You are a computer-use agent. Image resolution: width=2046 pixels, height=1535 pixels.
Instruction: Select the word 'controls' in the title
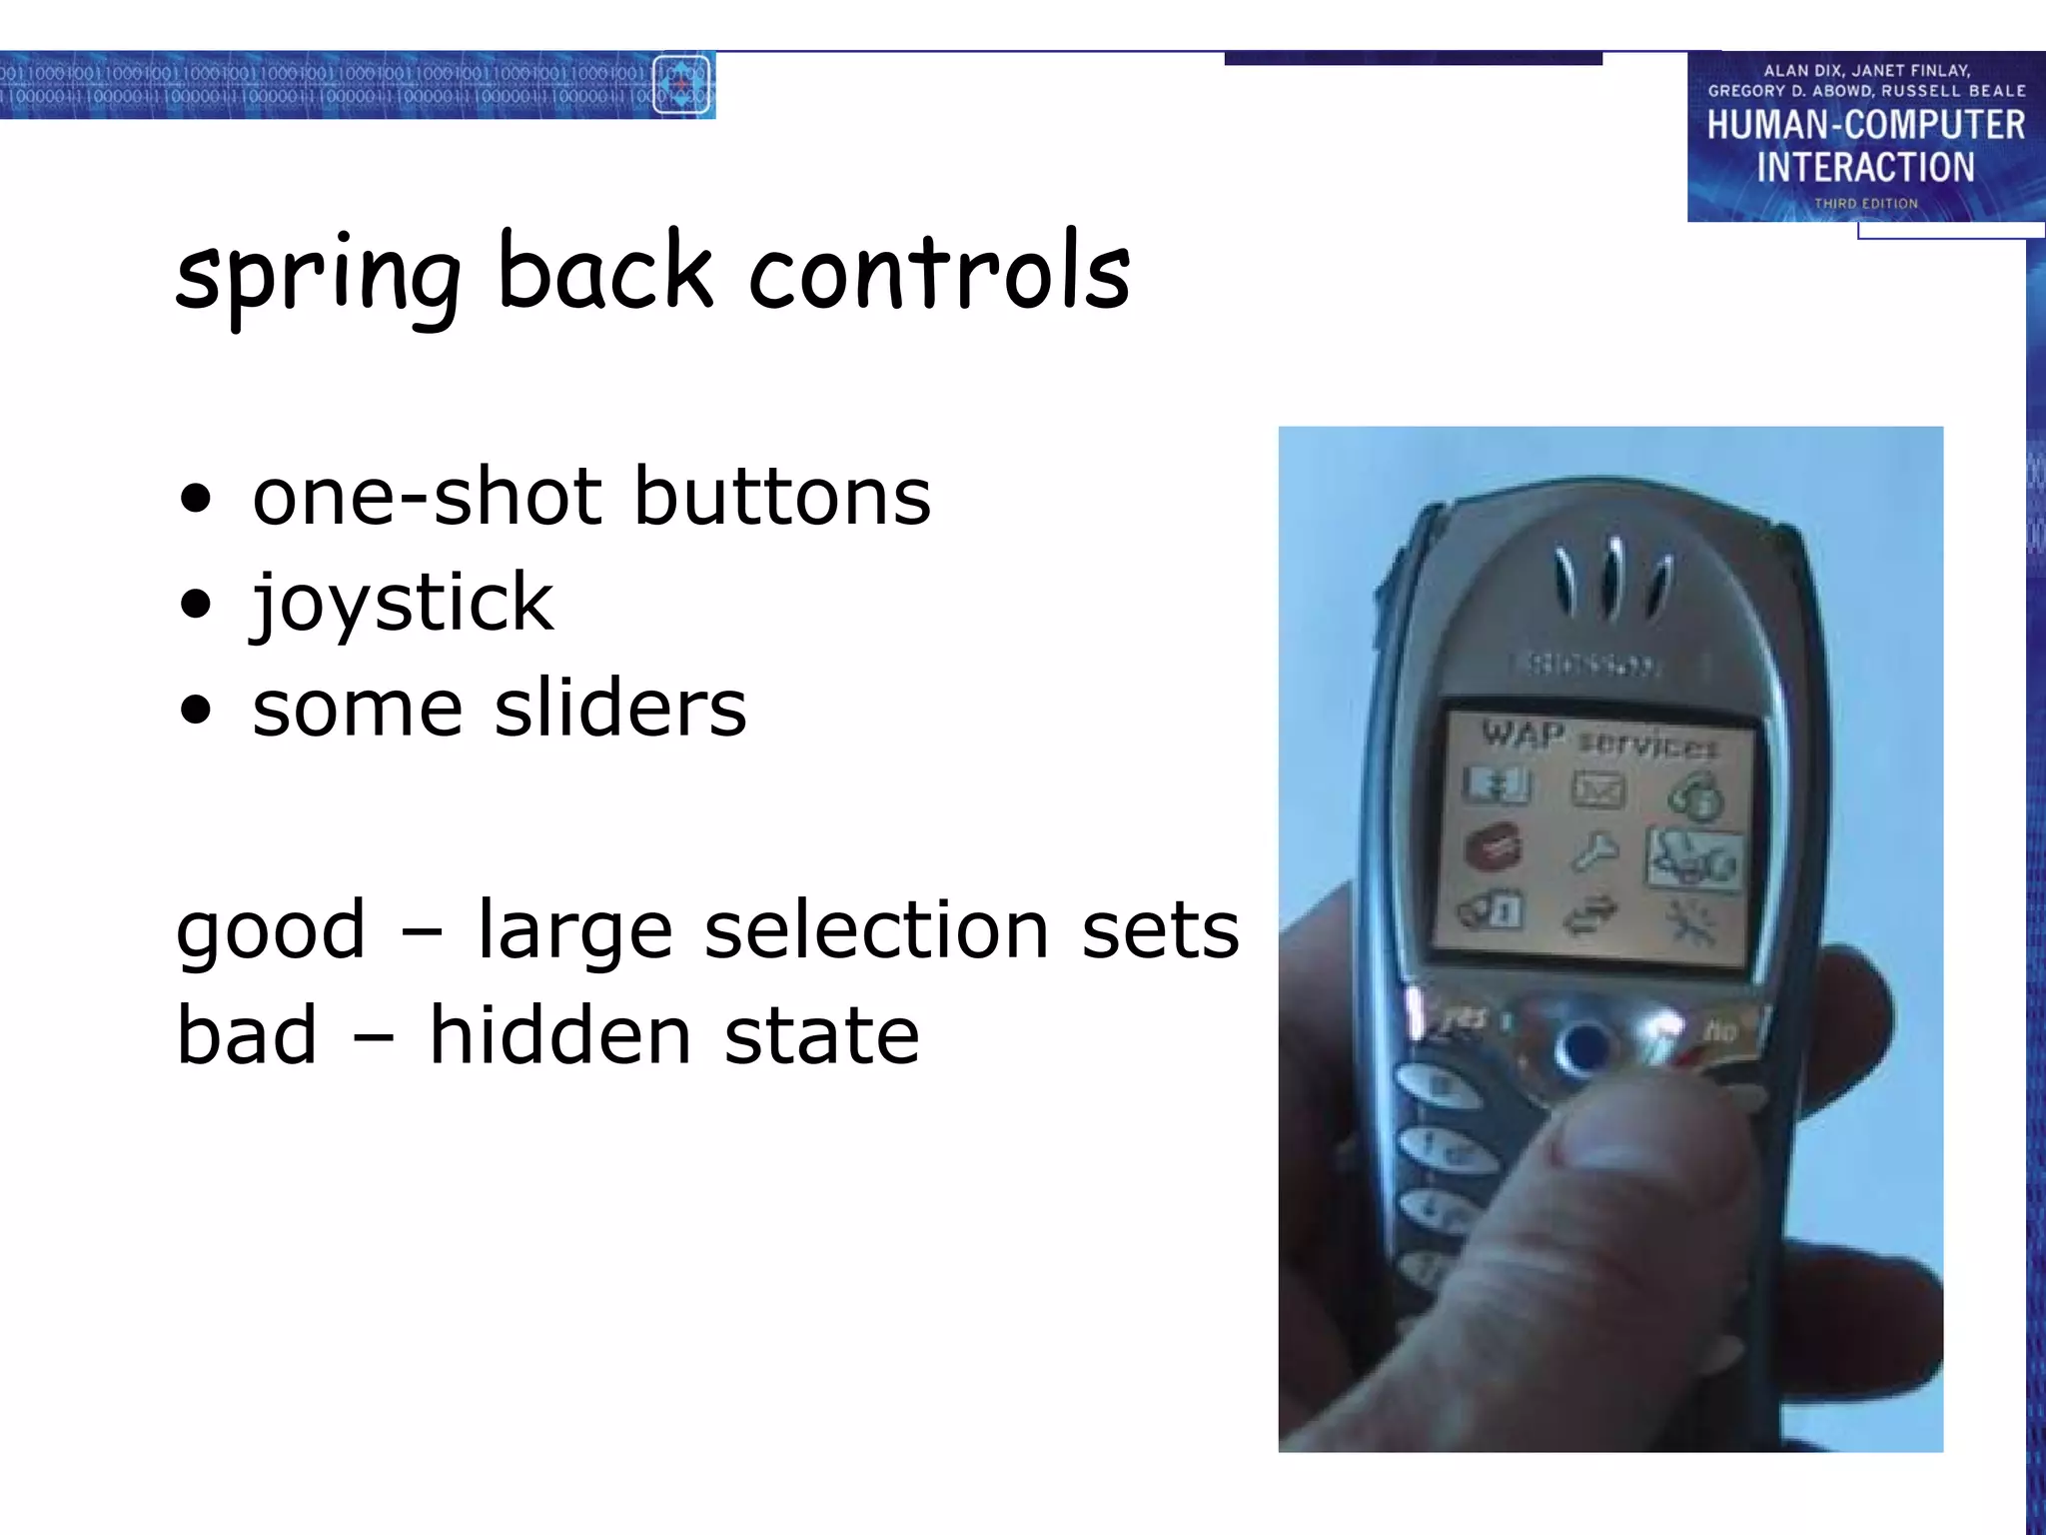(939, 272)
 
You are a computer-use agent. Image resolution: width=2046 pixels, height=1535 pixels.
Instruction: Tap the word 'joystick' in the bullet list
(402, 604)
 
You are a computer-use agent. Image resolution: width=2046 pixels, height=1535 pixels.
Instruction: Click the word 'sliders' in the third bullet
(620, 709)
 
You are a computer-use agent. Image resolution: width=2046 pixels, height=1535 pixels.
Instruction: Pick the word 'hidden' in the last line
(560, 1035)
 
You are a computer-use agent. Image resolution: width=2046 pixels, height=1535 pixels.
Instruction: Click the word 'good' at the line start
(271, 930)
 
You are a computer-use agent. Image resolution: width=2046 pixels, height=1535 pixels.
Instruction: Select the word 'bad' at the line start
(247, 1035)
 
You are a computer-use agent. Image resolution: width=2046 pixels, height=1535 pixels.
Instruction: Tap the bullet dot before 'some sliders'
(197, 710)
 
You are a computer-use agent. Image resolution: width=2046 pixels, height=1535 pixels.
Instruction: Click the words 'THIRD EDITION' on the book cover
(1865, 203)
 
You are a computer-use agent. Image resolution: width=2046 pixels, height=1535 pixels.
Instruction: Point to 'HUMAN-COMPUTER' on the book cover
(1865, 126)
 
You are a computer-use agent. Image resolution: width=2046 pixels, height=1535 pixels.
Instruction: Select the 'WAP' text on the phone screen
(1523, 735)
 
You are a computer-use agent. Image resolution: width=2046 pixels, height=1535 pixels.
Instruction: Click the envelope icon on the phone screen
(1598, 789)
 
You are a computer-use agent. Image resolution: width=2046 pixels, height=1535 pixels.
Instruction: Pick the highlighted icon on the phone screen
(1693, 858)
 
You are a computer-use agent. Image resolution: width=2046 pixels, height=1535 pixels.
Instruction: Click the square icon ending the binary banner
(681, 85)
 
